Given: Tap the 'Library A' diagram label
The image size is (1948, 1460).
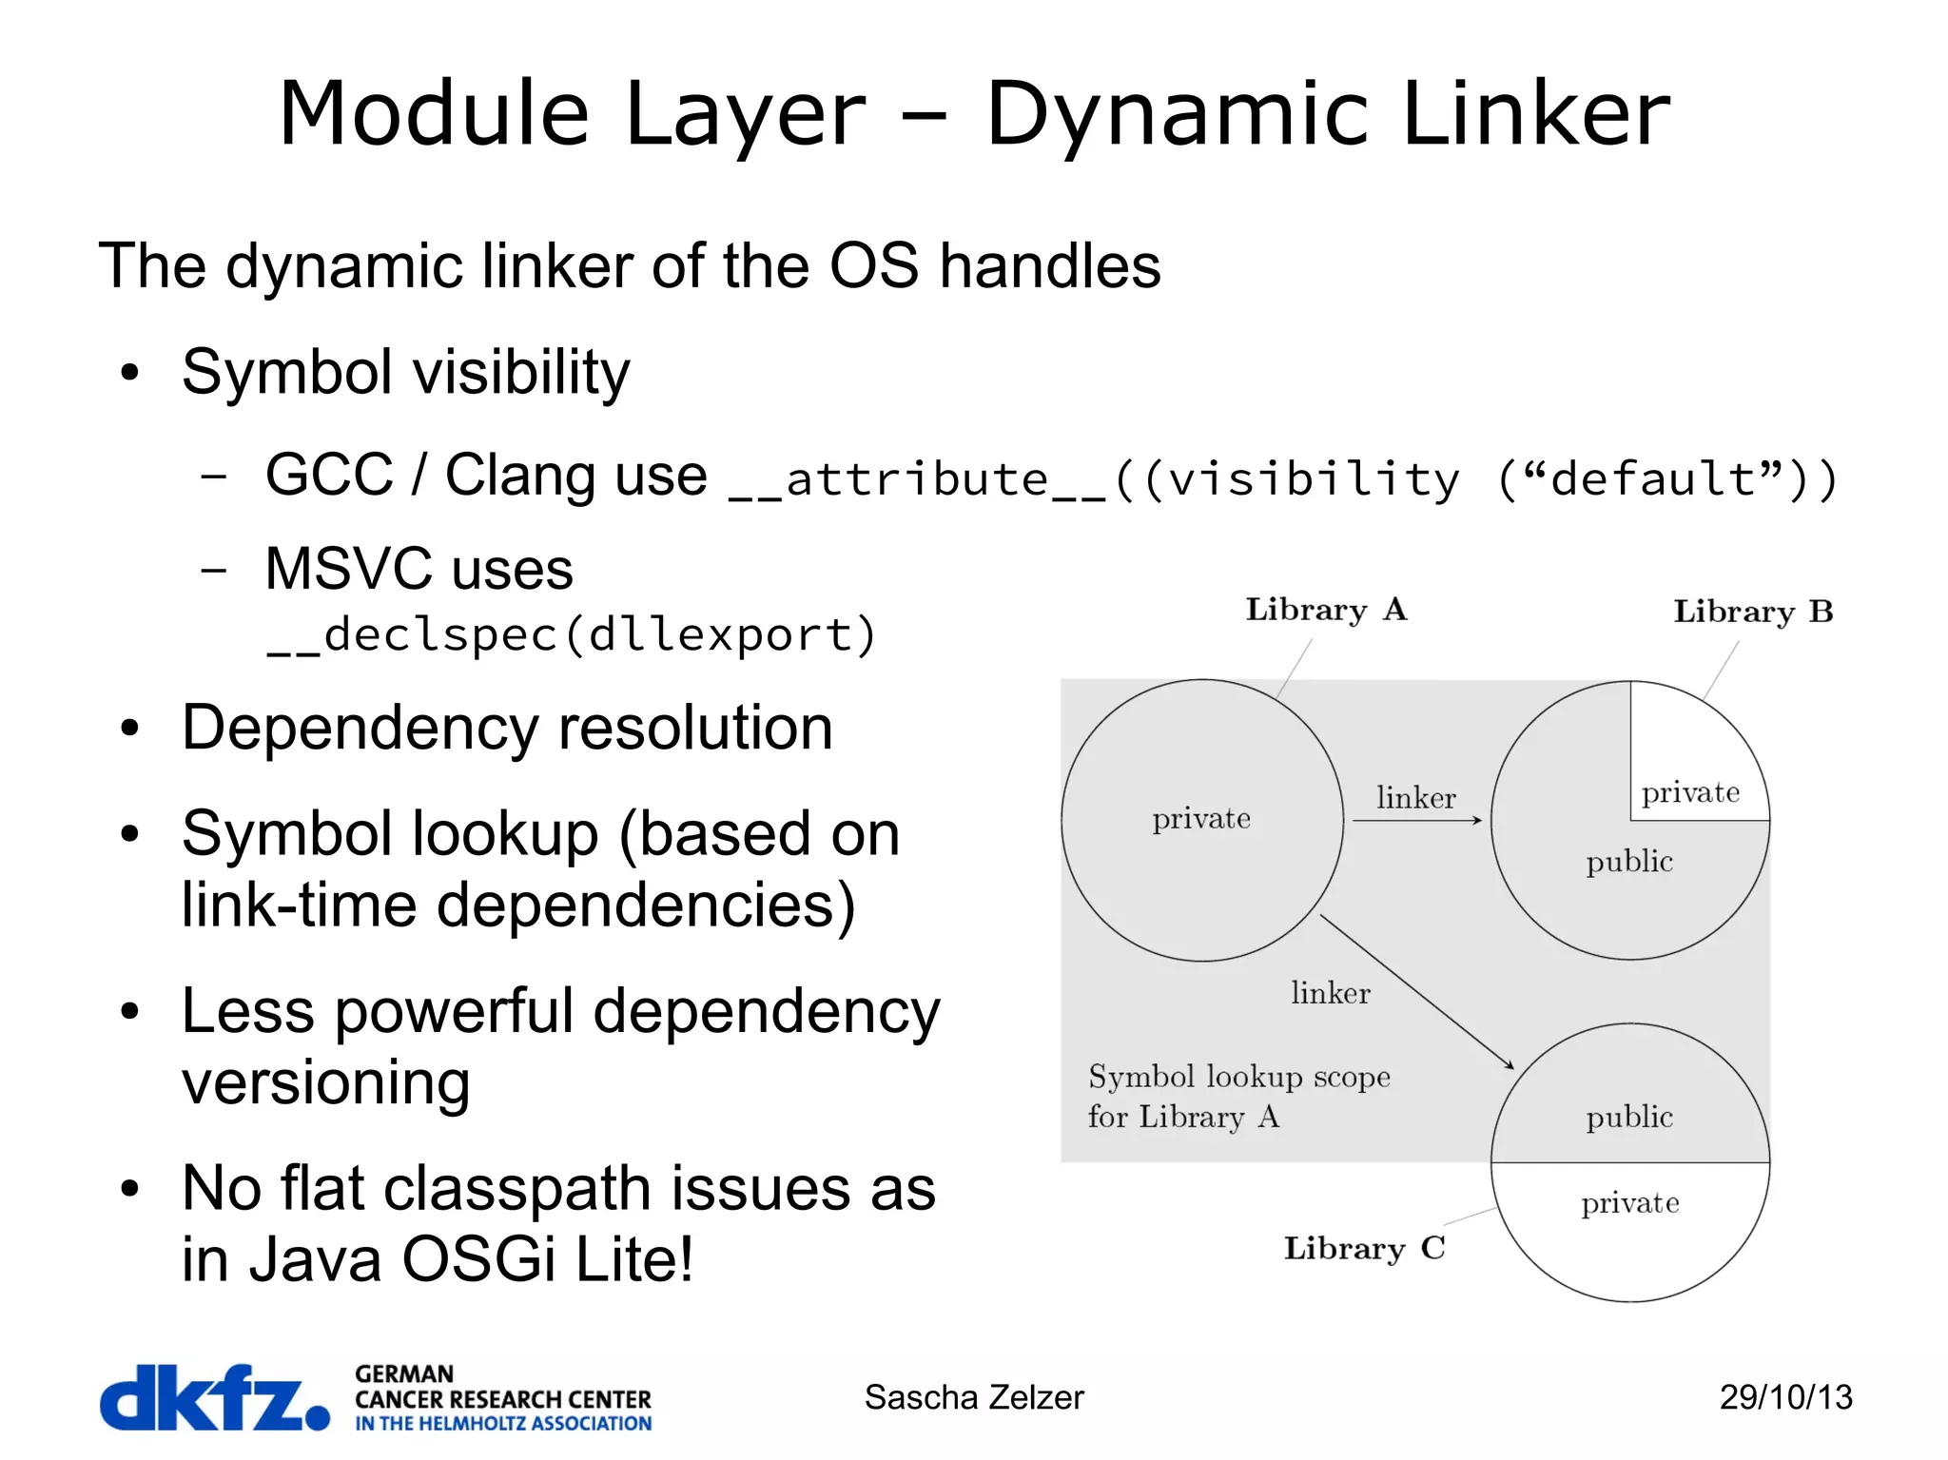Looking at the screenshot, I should point(1326,610).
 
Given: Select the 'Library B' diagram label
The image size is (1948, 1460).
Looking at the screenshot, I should point(1753,612).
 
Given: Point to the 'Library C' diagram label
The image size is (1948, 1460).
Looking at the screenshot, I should point(1364,1248).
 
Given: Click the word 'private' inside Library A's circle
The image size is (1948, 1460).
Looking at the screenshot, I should point(1201,819).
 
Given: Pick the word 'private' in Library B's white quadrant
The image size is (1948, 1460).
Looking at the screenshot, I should point(1690,793).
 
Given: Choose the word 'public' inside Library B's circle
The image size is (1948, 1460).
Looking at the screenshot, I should point(1629,862).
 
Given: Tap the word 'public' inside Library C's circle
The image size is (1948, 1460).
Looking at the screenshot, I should point(1629,1117).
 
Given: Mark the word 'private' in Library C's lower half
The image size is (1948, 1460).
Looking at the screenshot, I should point(1630,1204).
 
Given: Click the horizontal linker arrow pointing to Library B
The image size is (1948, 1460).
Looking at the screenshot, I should point(1417,820).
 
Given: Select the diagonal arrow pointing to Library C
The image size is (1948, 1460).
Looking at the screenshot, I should point(1416,992).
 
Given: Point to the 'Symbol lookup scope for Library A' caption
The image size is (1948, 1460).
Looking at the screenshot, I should point(1238,1097).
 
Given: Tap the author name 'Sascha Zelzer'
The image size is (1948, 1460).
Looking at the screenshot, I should point(974,1397).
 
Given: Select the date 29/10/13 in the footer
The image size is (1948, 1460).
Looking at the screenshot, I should point(1785,1397).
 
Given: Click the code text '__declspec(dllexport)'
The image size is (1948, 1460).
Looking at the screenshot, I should point(571,635).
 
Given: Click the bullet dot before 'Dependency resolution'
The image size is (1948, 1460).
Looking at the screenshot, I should point(130,729).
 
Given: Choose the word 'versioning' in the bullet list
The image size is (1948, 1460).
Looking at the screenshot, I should point(326,1082).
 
